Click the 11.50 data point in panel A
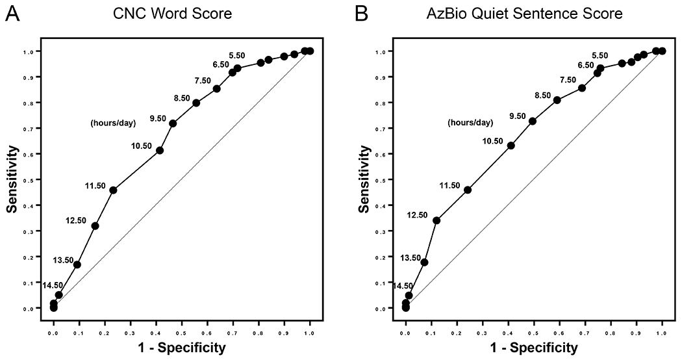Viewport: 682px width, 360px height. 113,190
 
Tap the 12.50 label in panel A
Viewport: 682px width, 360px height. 76,220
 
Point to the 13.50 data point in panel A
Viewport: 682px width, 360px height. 77,264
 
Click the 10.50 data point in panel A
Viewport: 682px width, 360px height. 160,150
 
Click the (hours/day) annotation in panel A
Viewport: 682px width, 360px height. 113,122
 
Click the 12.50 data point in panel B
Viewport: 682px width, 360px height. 436,220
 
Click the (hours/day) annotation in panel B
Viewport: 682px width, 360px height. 470,122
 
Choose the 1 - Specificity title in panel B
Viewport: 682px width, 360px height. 534,348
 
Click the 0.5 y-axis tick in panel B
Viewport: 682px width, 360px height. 388,180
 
